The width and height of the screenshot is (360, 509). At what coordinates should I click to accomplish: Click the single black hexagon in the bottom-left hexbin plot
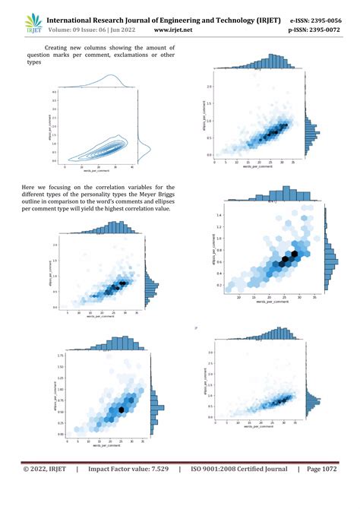click(x=122, y=409)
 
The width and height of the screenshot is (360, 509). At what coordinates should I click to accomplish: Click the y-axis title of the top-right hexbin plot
click(x=204, y=120)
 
